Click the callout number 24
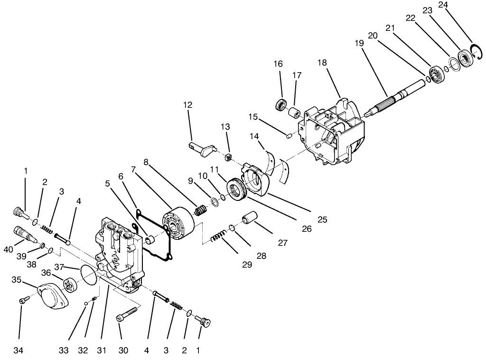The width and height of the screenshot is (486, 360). click(x=443, y=6)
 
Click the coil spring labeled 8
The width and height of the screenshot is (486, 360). click(x=200, y=209)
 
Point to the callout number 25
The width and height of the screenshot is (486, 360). click(x=323, y=220)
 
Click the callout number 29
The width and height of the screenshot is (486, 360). click(x=247, y=265)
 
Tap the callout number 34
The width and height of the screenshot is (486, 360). click(x=19, y=351)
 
